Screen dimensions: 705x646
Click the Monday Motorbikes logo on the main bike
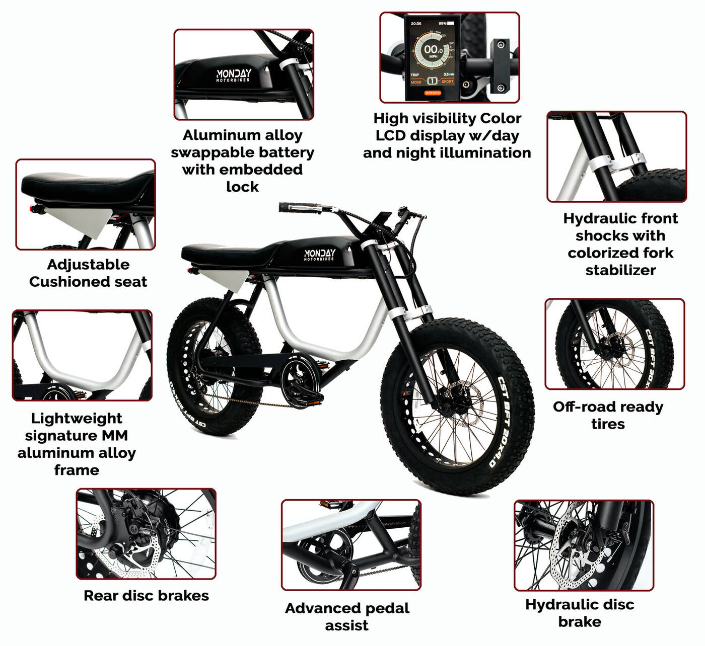[319, 255]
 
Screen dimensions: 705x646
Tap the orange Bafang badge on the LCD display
[432, 93]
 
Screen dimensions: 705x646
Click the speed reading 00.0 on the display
[433, 49]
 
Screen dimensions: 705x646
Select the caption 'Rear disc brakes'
[146, 595]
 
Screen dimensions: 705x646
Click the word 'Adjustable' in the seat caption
[88, 265]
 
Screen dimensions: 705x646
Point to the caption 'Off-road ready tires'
[608, 415]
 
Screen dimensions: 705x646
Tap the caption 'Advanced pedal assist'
[347, 616]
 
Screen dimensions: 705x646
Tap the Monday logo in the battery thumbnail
[233, 75]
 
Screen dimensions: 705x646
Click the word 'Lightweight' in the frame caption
[77, 419]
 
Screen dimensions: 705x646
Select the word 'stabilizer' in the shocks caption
[621, 270]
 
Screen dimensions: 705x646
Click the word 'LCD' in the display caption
[390, 136]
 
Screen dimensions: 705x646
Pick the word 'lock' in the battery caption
[243, 187]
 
